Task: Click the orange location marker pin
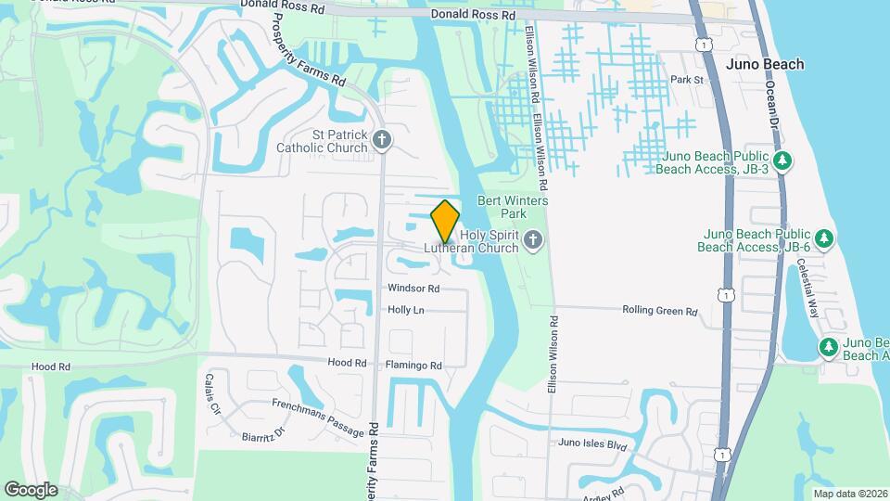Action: (x=445, y=221)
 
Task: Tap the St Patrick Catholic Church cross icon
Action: (x=383, y=140)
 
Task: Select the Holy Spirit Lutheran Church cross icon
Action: (x=532, y=241)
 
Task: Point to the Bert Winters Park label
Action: (x=513, y=207)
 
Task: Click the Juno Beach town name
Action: (x=765, y=64)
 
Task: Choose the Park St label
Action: (x=688, y=81)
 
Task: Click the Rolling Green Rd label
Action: (x=659, y=312)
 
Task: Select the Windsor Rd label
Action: (x=413, y=289)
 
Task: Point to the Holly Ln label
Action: (x=406, y=310)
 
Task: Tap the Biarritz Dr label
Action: (x=261, y=433)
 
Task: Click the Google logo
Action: (x=31, y=489)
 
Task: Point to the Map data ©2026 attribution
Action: (x=849, y=494)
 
